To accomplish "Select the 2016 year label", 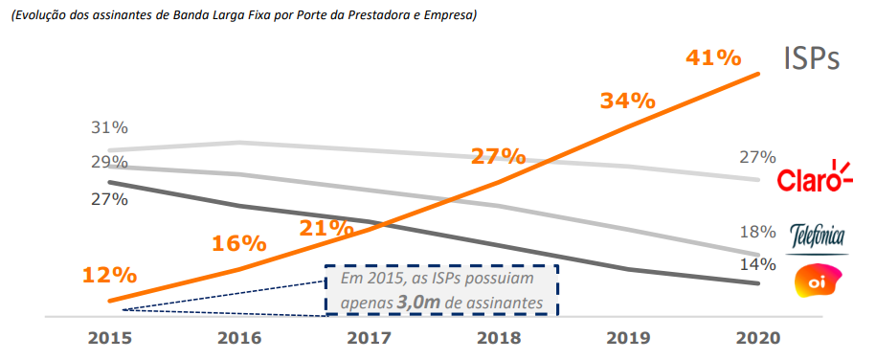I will [x=239, y=338].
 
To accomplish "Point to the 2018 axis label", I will [x=498, y=338].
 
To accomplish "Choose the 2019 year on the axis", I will [x=628, y=338].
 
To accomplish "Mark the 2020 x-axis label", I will [x=758, y=338].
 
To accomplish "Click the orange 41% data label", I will [x=713, y=58].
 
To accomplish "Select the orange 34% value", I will [x=627, y=101].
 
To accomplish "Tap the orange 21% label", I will [x=326, y=228].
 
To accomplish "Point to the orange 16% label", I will [x=238, y=243].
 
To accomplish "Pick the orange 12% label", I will [x=109, y=276].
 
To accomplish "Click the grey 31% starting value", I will [x=109, y=128].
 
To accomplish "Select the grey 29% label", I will [x=109, y=162].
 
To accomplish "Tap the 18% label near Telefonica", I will [x=757, y=232].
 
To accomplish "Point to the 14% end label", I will [x=757, y=263].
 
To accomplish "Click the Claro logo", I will [x=813, y=178].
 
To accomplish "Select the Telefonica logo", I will [x=817, y=235].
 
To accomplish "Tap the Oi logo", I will [x=817, y=281].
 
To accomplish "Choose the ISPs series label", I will [x=811, y=59].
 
